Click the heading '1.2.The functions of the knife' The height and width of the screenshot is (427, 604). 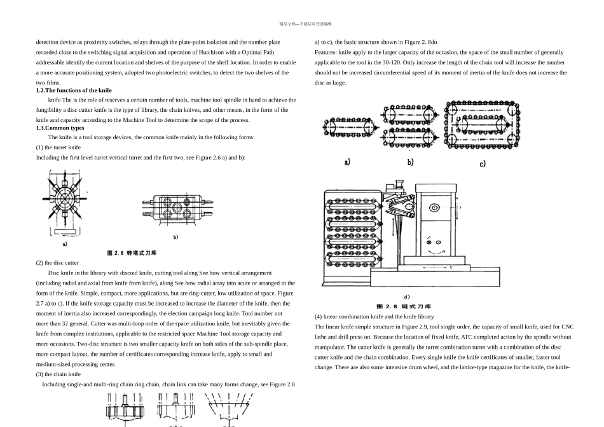(74, 90)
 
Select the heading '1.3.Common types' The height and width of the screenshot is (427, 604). (60, 128)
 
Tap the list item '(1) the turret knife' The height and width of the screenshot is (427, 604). (58, 147)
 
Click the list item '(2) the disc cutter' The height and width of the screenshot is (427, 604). (57, 262)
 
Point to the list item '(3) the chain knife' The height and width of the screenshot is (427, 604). (58, 374)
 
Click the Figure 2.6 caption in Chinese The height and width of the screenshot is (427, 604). (132, 253)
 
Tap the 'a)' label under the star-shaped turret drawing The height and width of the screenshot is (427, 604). (65, 243)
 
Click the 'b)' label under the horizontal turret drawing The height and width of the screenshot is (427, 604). (175, 237)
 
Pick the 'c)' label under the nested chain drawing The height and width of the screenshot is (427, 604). (483, 163)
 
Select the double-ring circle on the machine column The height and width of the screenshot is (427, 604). (434, 208)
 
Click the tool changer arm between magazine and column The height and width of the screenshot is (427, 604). (399, 207)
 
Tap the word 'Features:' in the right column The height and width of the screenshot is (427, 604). (326, 52)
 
